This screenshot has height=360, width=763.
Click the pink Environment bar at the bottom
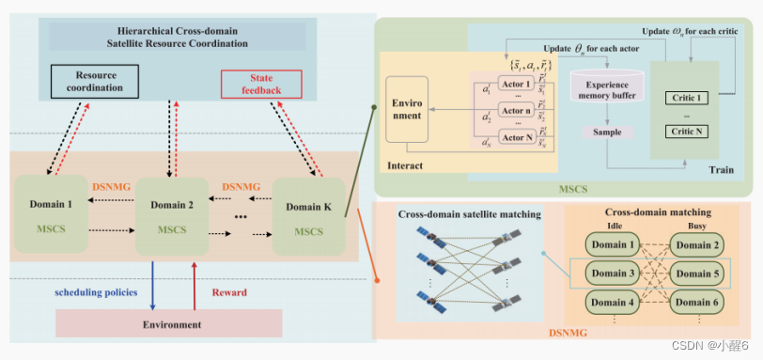169,324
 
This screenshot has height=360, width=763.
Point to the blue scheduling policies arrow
153,282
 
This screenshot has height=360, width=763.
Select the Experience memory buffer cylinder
607,90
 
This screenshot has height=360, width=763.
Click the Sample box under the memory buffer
607,133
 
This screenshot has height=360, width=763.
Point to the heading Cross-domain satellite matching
471,215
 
